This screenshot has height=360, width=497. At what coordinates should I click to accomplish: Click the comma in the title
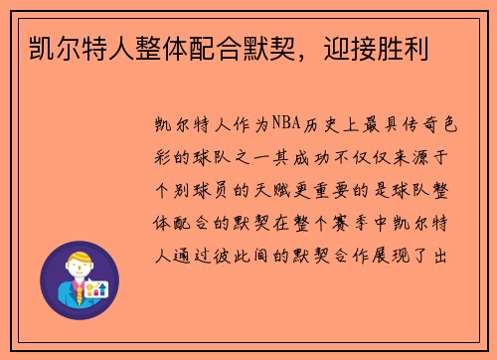pyautogui.click(x=302, y=50)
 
